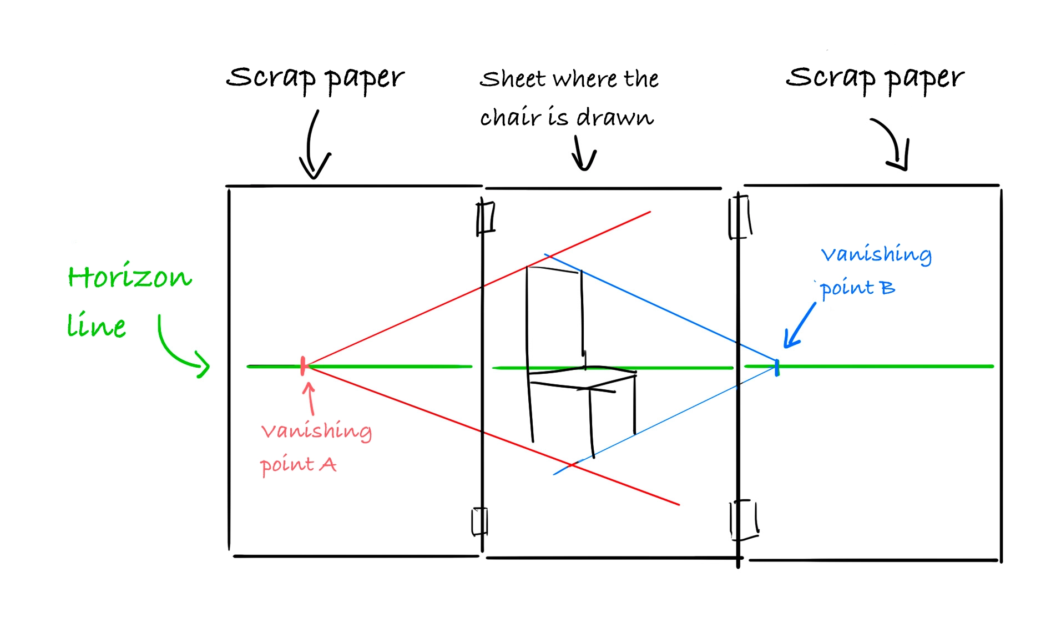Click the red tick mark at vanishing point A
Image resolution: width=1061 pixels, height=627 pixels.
(303, 365)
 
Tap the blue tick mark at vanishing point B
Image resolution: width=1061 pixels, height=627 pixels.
(777, 367)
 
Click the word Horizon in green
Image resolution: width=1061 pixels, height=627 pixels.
(130, 277)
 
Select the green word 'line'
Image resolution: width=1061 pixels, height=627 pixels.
(97, 325)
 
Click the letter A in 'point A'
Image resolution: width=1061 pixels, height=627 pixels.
(328, 464)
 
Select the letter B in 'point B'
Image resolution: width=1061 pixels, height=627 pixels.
(887, 288)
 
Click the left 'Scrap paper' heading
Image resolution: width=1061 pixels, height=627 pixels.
(315, 78)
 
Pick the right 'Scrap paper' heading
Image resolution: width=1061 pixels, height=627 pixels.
(875, 78)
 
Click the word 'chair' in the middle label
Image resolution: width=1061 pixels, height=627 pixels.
(510, 117)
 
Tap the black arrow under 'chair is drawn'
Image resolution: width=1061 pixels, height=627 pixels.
(583, 154)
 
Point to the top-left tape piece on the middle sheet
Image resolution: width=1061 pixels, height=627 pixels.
(486, 218)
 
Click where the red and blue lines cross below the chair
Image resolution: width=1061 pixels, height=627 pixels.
(572, 464)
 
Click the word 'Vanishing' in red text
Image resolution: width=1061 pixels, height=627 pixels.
(316, 431)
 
